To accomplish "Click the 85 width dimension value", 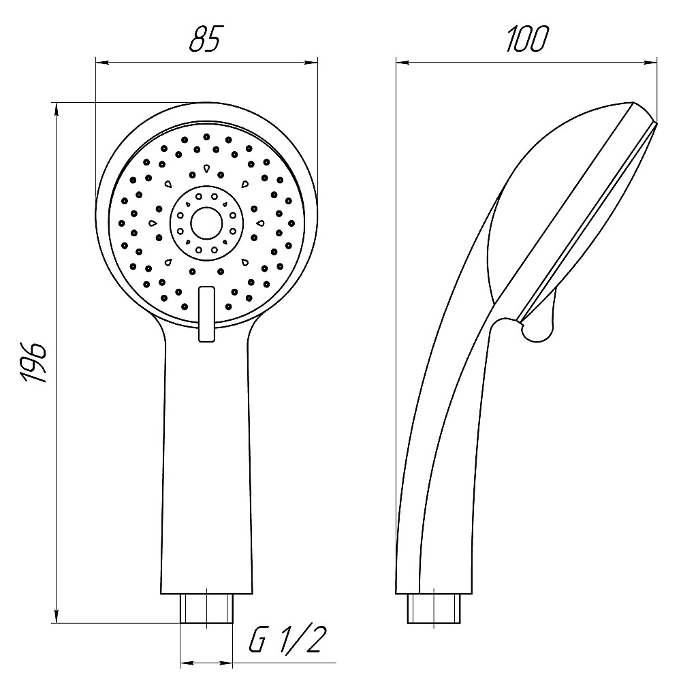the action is point(206,38).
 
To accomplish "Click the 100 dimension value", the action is point(527,39).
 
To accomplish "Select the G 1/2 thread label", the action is point(285,639).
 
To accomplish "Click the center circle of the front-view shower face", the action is point(207,223).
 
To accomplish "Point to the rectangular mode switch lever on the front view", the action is point(206,313).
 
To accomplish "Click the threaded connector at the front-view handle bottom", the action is point(207,608).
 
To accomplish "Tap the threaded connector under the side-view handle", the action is point(434,608).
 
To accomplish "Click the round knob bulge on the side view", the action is point(537,330).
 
